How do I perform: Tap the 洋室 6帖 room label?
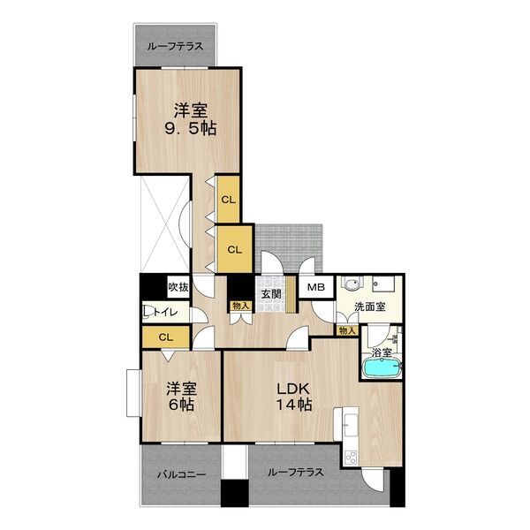pyautogui.click(x=184, y=397)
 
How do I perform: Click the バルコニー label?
pyautogui.click(x=181, y=473)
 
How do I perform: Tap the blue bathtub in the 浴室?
pyautogui.click(x=382, y=367)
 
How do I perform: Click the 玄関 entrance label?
pyautogui.click(x=269, y=294)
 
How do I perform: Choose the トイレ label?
pyautogui.click(x=166, y=312)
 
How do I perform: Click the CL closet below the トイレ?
pyautogui.click(x=165, y=337)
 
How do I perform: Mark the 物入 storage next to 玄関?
pyautogui.click(x=240, y=307)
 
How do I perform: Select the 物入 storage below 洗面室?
pyautogui.click(x=347, y=330)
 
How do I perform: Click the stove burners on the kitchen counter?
pyautogui.click(x=348, y=455)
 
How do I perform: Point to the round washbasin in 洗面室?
pyautogui.click(x=351, y=286)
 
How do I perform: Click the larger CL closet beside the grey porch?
pyautogui.click(x=234, y=249)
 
